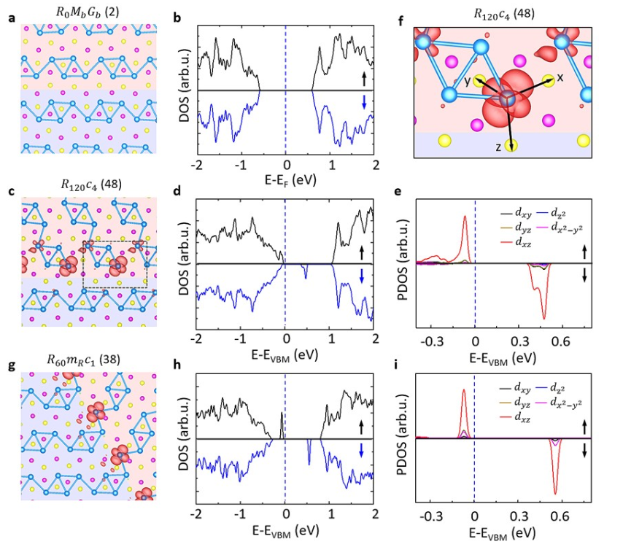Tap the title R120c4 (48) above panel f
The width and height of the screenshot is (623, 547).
[505, 11]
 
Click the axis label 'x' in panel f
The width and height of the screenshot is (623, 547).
[560, 77]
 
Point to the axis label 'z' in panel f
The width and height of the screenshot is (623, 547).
[498, 147]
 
